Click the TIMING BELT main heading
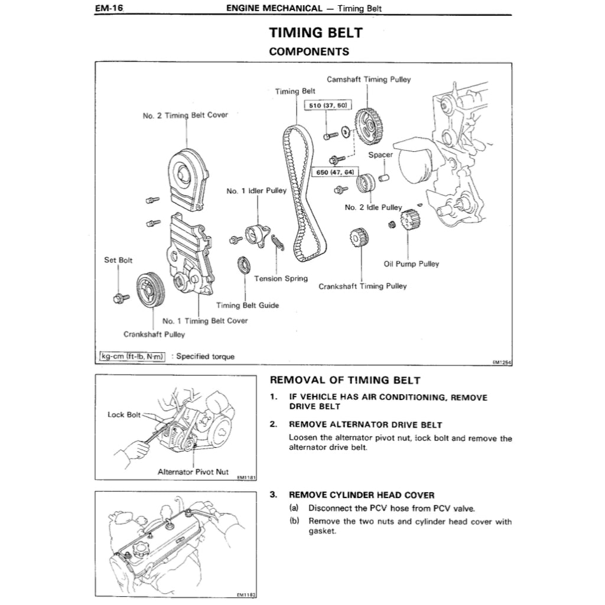pyautogui.click(x=315, y=32)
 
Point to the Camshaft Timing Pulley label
pyautogui.click(x=369, y=79)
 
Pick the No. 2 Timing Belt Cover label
pyautogui.click(x=185, y=115)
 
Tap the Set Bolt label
pyautogui.click(x=118, y=260)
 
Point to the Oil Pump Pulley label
pyautogui.click(x=411, y=264)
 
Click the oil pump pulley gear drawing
pyautogui.click(x=409, y=222)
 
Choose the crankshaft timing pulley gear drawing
pyautogui.click(x=359, y=240)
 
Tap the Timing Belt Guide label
pyautogui.click(x=247, y=305)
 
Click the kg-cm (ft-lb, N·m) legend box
pyautogui.click(x=132, y=356)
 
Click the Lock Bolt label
pyautogui.click(x=124, y=415)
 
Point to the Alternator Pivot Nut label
pyautogui.click(x=193, y=472)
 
